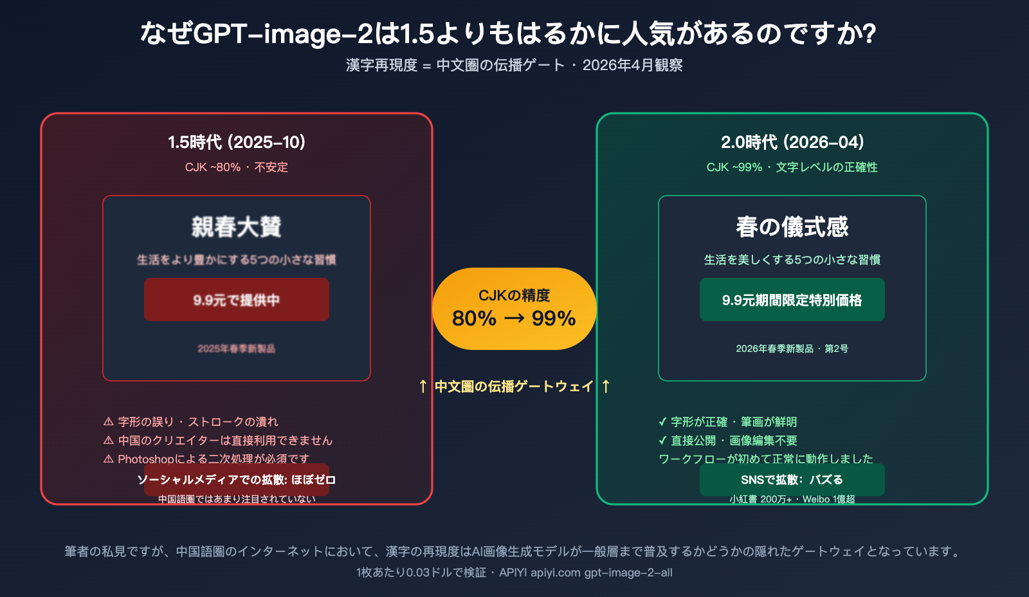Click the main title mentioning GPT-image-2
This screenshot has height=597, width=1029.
(508, 33)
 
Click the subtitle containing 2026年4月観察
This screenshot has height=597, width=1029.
(514, 65)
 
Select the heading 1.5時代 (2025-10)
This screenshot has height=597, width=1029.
(237, 142)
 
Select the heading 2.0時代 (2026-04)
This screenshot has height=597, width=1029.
(792, 142)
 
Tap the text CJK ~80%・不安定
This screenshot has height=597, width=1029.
(237, 167)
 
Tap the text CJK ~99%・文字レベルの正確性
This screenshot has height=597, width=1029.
(792, 167)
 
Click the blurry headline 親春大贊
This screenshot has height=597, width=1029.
(237, 227)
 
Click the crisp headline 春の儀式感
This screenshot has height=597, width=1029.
(792, 227)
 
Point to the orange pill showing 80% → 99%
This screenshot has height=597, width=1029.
(514, 309)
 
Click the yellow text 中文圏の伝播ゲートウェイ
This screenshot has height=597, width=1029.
(514, 387)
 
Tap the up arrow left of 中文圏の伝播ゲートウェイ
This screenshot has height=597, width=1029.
(423, 387)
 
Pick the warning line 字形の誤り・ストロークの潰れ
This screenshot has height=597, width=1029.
(191, 422)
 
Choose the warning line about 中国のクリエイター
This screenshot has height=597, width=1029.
(218, 441)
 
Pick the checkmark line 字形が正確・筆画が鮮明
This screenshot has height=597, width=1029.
(728, 422)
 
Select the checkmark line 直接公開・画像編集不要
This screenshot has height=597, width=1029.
(728, 441)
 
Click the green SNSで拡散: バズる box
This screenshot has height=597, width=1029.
(792, 480)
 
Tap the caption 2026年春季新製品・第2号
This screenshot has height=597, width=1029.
(792, 349)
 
